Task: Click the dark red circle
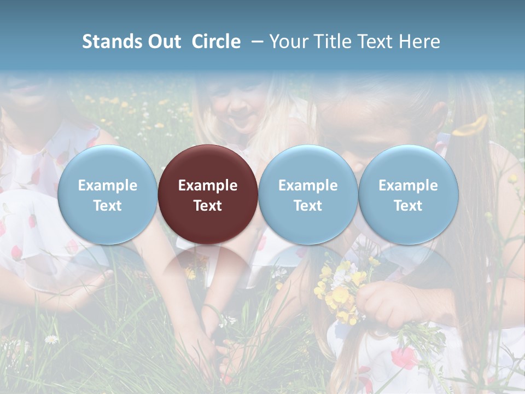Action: coord(208,194)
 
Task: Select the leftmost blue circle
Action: coord(107,194)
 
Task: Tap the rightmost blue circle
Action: coord(408,194)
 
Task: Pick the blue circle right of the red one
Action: coord(308,194)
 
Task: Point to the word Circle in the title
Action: coord(216,42)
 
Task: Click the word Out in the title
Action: coord(163,42)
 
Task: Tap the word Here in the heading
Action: coord(419,42)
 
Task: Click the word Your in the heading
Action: coord(288,42)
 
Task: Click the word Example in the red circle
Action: coord(208,186)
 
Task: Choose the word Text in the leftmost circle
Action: coord(107,206)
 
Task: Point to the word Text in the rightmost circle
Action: coord(408,206)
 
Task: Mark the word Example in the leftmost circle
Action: coord(107,186)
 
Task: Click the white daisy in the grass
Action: coord(51,339)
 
